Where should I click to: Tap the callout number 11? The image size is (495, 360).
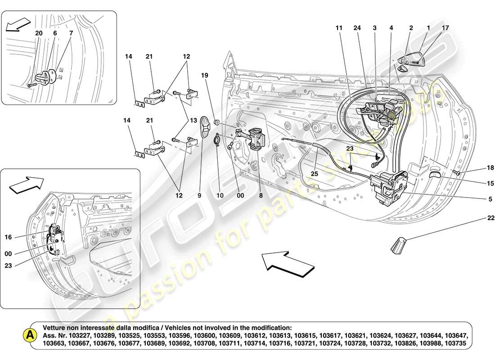click(339, 28)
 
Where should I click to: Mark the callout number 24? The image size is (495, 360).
click(357, 28)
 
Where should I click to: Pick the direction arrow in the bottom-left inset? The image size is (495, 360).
click(26, 184)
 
